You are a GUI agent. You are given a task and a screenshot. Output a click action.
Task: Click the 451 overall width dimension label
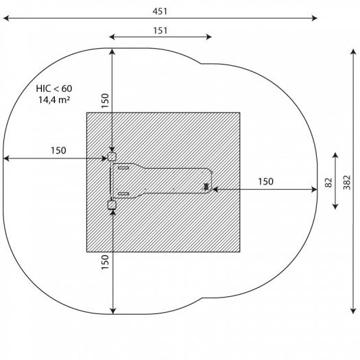coord(160,11)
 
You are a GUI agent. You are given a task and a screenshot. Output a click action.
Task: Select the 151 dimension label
coord(160,31)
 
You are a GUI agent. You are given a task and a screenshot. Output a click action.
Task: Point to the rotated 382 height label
coord(347,182)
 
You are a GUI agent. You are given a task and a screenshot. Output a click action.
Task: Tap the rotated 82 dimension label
coord(328,182)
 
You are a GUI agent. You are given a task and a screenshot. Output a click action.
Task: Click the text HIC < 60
coord(54,88)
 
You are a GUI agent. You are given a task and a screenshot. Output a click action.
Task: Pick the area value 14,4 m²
coord(54,100)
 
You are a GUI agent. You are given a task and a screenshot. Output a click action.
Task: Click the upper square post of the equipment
coord(112,157)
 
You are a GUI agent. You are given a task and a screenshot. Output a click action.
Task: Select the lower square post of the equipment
coord(112,205)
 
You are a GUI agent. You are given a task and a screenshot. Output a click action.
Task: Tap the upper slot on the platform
coord(123,168)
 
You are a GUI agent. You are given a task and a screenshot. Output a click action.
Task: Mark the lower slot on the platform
coord(123,194)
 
